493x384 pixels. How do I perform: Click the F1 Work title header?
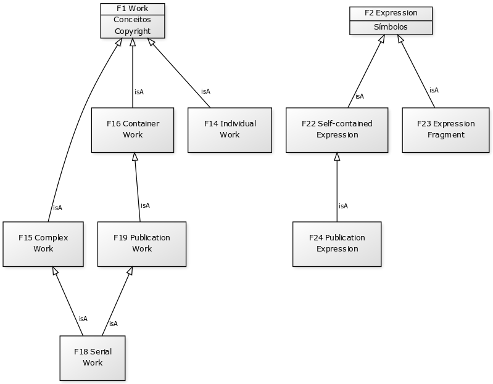pyautogui.click(x=133, y=9)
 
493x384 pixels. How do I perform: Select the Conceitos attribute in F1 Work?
pyautogui.click(x=133, y=20)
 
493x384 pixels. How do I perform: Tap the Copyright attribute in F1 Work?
pyautogui.click(x=133, y=31)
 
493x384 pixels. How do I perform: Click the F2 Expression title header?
pyautogui.click(x=391, y=13)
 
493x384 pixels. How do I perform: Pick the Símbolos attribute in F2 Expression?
pyautogui.click(x=391, y=27)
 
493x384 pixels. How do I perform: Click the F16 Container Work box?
pyautogui.click(x=133, y=129)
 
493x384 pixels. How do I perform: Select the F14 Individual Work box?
pyautogui.click(x=230, y=129)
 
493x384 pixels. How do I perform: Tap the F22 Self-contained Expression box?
pyautogui.click(x=337, y=129)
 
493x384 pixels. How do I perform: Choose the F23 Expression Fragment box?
pyautogui.click(x=445, y=129)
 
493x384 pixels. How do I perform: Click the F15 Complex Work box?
pyautogui.click(x=43, y=243)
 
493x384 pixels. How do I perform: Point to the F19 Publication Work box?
pyautogui.click(x=142, y=243)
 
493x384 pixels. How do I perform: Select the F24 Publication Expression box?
pyautogui.click(x=337, y=243)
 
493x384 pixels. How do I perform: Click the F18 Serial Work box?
pyautogui.click(x=93, y=357)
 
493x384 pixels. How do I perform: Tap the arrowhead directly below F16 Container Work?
pyautogui.click(x=135, y=157)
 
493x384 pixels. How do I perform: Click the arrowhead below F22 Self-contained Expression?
pyautogui.click(x=337, y=157)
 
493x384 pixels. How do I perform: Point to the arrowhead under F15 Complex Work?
pyautogui.click(x=55, y=271)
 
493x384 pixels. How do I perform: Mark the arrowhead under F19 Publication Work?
pyautogui.click(x=130, y=271)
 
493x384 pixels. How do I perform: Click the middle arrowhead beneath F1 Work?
pyautogui.click(x=133, y=43)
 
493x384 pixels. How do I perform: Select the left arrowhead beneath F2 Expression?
pyautogui.click(x=381, y=39)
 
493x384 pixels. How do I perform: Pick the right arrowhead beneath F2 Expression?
pyautogui.click(x=400, y=39)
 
